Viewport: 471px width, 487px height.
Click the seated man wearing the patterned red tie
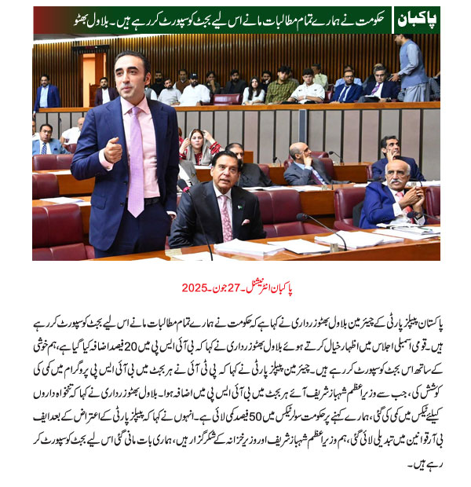[x=218, y=208]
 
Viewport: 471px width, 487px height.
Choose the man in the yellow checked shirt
[x=282, y=87]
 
